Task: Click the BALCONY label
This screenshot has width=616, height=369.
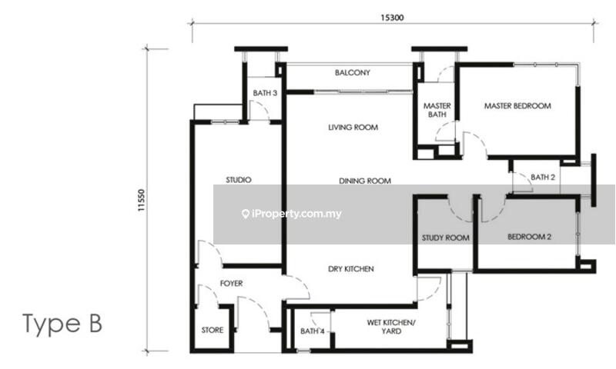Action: click(353, 72)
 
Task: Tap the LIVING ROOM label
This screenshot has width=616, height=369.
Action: click(353, 128)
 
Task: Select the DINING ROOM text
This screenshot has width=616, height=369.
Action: click(365, 181)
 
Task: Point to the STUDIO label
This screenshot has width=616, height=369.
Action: click(239, 180)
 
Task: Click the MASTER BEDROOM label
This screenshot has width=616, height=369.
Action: click(517, 106)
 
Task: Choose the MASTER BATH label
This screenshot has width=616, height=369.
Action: click(437, 110)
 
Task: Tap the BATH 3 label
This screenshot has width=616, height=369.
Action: click(265, 93)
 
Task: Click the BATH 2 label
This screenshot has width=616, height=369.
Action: click(543, 178)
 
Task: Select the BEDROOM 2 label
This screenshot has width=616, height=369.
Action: click(529, 237)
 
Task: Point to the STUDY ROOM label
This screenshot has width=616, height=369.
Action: click(446, 238)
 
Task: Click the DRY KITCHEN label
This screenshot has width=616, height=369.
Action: click(351, 269)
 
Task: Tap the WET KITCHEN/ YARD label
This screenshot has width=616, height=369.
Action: click(391, 327)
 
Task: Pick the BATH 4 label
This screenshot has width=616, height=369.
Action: click(313, 331)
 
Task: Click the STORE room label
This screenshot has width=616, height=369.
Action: click(213, 331)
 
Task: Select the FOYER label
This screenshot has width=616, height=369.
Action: click(232, 284)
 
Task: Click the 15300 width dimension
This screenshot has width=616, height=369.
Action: click(392, 18)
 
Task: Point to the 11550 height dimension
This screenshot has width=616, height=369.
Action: click(142, 201)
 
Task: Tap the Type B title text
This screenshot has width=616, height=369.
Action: click(62, 324)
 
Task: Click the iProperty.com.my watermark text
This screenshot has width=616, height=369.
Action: click(296, 214)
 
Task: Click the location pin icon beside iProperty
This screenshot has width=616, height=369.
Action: click(246, 214)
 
